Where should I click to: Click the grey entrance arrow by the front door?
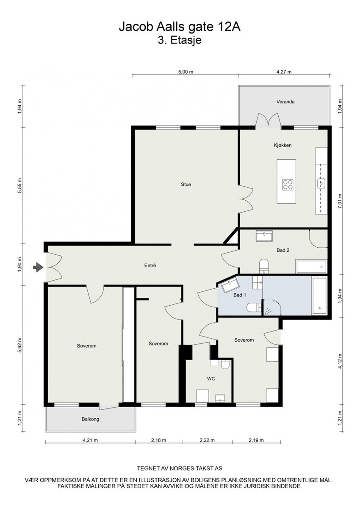38,267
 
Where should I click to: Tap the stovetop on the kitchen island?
288,184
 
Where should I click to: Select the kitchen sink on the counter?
321,183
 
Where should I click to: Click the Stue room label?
186,184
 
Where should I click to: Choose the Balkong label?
90,419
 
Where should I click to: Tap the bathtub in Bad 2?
311,268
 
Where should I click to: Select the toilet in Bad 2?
263,265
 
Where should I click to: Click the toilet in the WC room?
225,364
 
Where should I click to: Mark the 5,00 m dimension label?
186,72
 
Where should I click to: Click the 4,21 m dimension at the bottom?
90,440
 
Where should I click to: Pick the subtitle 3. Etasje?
180,41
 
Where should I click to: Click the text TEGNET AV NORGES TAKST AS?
180,469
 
